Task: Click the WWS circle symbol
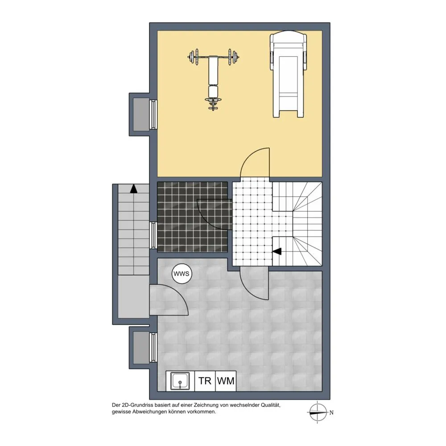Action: coord(182,274)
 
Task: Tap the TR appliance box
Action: coord(205,381)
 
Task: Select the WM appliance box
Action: coord(226,381)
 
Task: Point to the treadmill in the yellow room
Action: coord(288,74)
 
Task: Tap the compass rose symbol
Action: coord(318,412)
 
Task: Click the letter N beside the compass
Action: coord(331,413)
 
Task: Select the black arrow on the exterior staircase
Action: coord(134,189)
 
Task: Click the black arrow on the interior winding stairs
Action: coord(277,252)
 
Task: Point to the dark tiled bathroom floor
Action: coord(192,217)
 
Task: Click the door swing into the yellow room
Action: coord(255,162)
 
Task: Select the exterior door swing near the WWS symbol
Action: coord(169,300)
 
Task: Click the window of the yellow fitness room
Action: coord(153,114)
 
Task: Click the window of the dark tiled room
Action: coord(153,235)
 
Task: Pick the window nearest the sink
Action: coord(153,347)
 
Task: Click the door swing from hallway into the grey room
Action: coord(254,283)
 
